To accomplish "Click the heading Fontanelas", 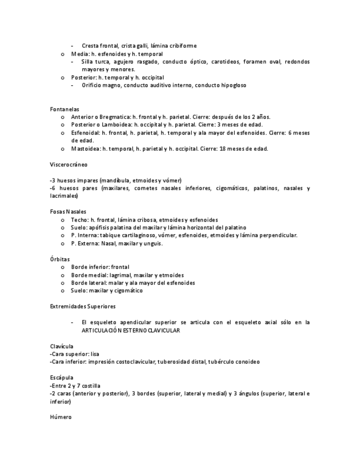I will [x=64, y=109].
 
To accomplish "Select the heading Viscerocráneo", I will [x=68, y=164].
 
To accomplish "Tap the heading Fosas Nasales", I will [x=68, y=212].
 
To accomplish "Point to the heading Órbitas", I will [x=59, y=259].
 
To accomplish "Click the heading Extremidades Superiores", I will [x=82, y=306].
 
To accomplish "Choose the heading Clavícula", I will [x=61, y=346].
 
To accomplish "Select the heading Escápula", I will [x=60, y=378].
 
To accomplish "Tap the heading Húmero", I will [x=60, y=418].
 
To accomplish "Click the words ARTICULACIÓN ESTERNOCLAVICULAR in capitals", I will [x=131, y=330].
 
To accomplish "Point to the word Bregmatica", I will [x=113, y=117].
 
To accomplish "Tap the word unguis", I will [x=153, y=243].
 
